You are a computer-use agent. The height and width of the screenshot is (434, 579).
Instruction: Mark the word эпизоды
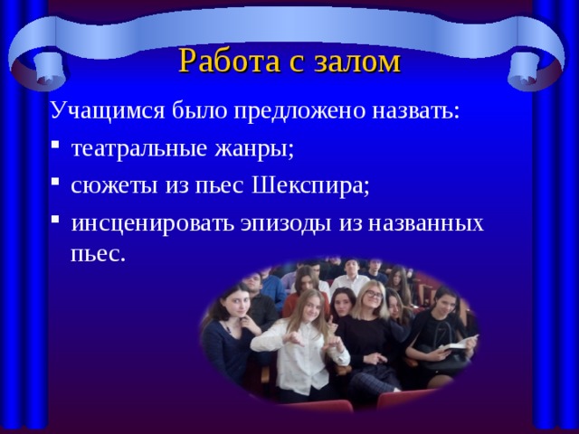(292, 222)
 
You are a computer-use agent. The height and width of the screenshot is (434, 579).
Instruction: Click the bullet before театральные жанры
(56, 149)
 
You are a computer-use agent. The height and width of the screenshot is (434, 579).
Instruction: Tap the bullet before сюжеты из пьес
(56, 186)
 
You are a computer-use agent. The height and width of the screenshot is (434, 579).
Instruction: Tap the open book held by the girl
(458, 344)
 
